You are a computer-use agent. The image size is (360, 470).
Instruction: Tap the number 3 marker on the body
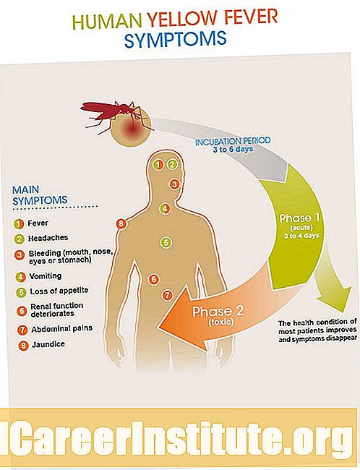click(174, 184)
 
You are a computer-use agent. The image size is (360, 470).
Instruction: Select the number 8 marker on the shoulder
click(121, 223)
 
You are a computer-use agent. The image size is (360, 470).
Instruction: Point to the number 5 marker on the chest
click(166, 242)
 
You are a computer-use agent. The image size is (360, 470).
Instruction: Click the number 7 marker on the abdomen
click(167, 295)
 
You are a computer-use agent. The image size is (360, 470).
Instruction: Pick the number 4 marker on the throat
click(165, 208)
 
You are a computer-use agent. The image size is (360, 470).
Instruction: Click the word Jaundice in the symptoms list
click(48, 344)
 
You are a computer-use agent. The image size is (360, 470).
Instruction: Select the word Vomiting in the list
click(46, 275)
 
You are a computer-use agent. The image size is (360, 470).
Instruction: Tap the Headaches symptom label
click(48, 238)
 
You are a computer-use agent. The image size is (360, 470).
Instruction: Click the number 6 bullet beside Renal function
click(22, 310)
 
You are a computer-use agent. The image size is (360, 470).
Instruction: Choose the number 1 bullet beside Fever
click(19, 224)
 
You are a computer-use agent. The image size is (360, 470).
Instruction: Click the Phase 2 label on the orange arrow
click(218, 312)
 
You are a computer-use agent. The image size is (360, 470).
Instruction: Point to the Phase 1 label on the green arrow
click(299, 218)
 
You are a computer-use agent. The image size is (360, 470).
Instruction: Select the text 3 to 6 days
click(233, 149)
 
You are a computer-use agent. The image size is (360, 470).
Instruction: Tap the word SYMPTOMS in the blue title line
click(175, 39)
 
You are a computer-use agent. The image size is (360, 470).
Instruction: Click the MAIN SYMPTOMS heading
click(40, 195)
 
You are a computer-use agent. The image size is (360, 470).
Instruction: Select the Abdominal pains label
click(61, 329)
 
